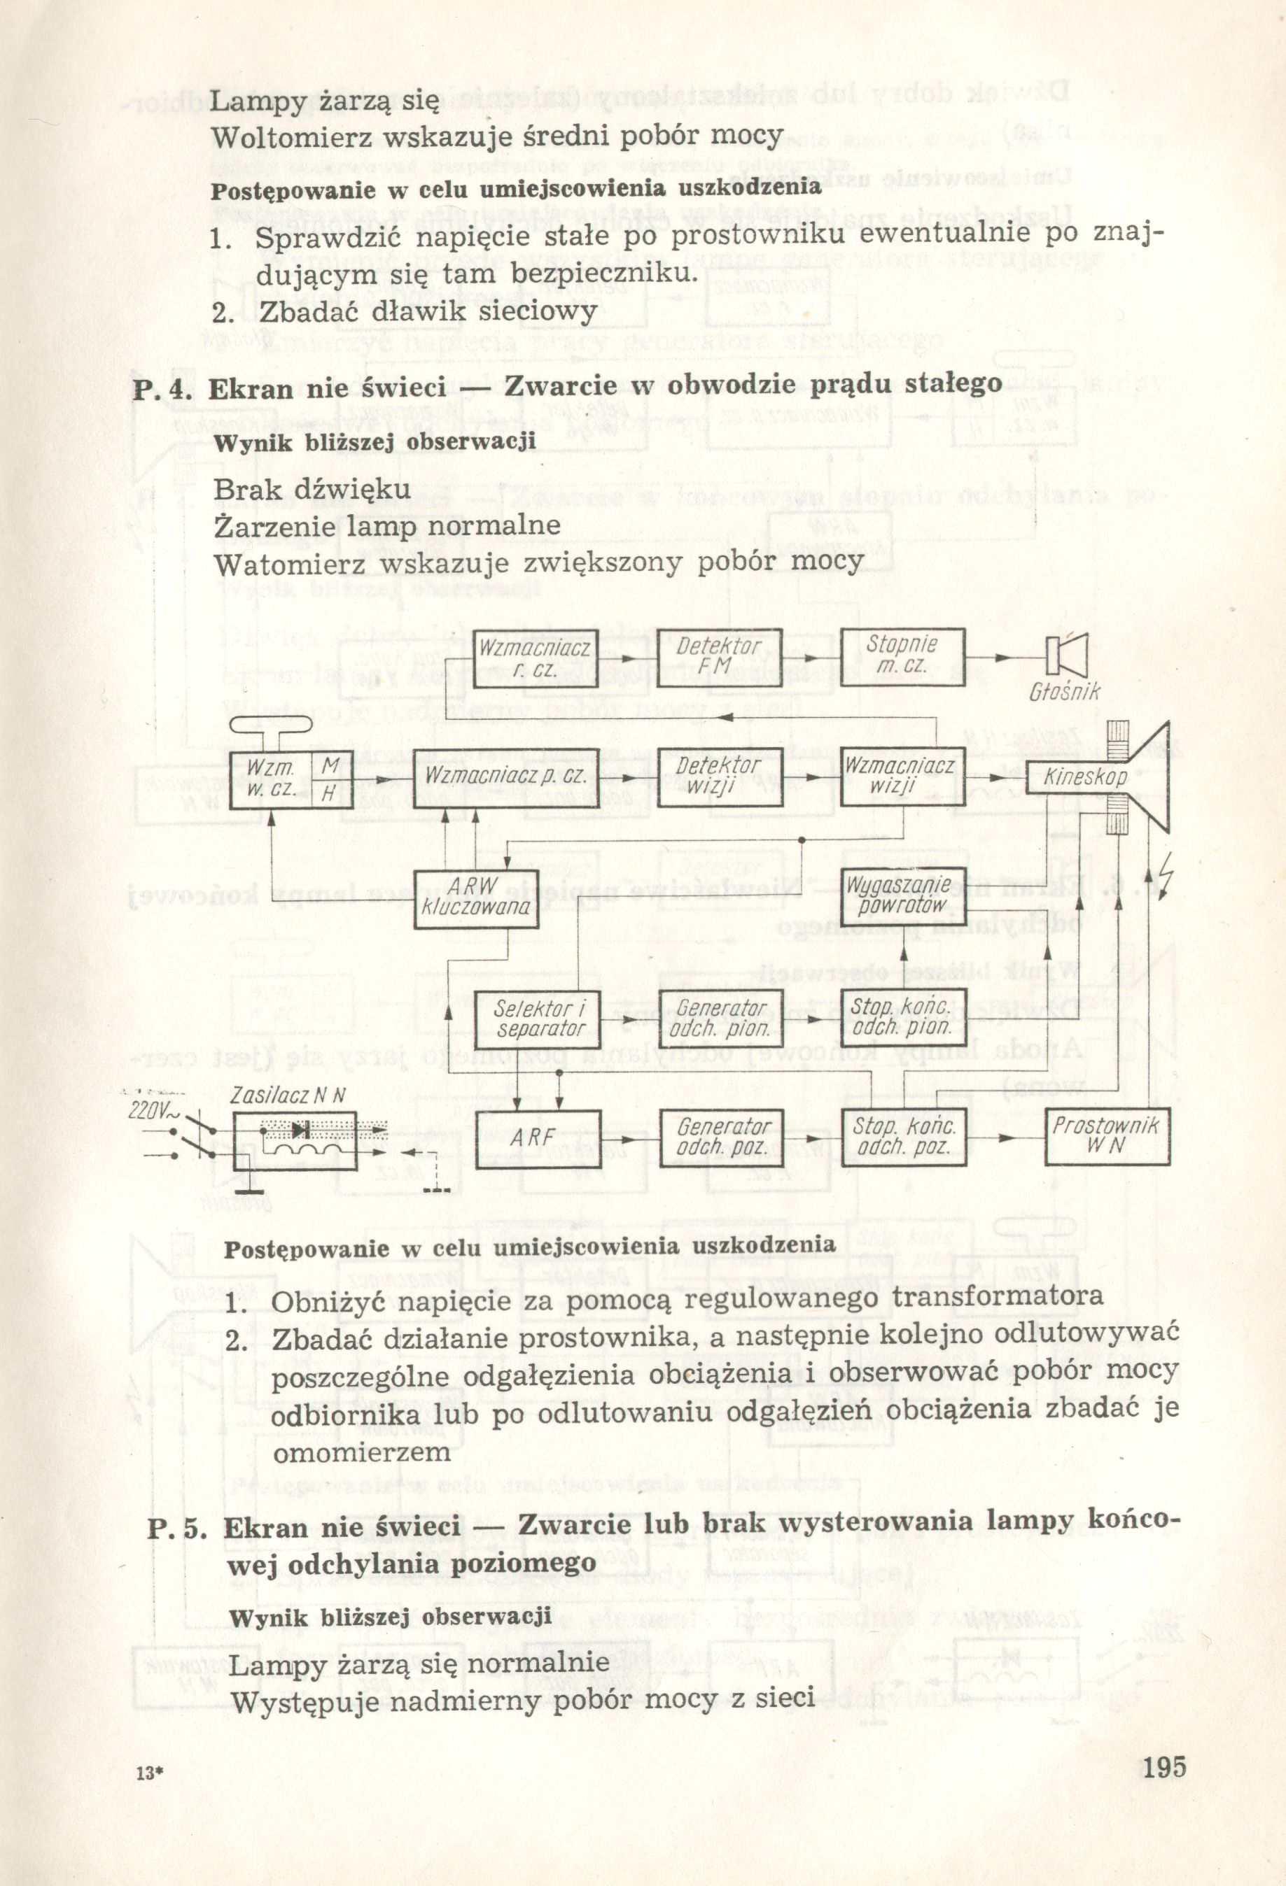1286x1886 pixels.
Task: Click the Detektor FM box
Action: [720, 658]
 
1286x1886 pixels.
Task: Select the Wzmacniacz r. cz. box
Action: [535, 658]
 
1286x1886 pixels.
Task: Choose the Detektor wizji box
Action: [720, 777]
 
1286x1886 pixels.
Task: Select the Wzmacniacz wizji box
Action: [902, 777]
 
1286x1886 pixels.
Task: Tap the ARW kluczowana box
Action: [475, 897]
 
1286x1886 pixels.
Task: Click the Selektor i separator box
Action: [535, 1019]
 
